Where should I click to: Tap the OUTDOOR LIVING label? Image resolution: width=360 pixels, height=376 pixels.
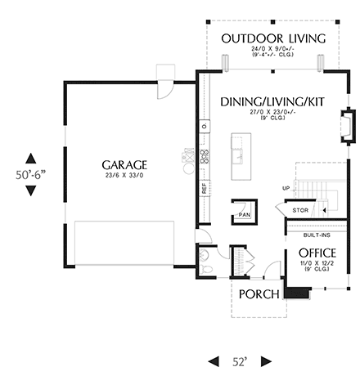[x=273, y=38]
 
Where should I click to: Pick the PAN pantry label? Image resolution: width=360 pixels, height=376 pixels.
[x=244, y=215]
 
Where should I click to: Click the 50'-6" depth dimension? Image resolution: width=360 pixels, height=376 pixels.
[x=30, y=175]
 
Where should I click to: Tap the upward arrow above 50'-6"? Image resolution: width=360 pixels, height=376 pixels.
[x=30, y=159]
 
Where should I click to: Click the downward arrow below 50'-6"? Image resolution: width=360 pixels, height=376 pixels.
[x=30, y=191]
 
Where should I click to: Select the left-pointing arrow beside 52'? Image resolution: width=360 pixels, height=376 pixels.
[x=215, y=360]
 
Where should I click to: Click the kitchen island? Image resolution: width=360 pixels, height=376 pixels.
[x=241, y=155]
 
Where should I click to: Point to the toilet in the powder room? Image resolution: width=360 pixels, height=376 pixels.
[x=207, y=266]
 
